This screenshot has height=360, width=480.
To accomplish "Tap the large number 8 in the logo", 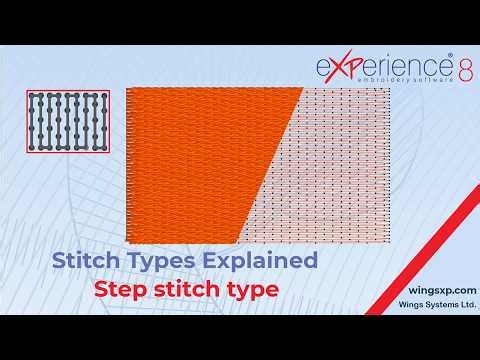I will pyautogui.click(x=466, y=69).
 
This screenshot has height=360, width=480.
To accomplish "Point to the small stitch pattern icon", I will pyautogui.click(x=68, y=122).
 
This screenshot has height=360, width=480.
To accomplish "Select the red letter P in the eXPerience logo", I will pyautogui.click(x=352, y=67).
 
